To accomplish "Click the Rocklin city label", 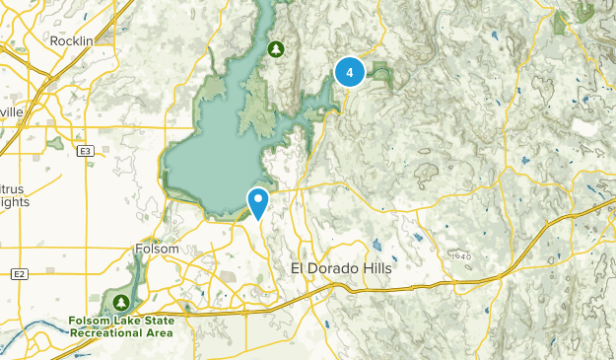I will (71, 40).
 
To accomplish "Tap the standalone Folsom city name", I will (157, 250).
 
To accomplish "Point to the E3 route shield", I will (86, 150).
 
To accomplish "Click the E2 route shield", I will (18, 272).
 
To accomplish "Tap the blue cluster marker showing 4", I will (350, 72).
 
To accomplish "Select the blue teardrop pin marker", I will (257, 202).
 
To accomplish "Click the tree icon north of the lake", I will (277, 47).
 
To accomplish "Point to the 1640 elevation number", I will (461, 256).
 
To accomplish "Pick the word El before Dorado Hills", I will (299, 268).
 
